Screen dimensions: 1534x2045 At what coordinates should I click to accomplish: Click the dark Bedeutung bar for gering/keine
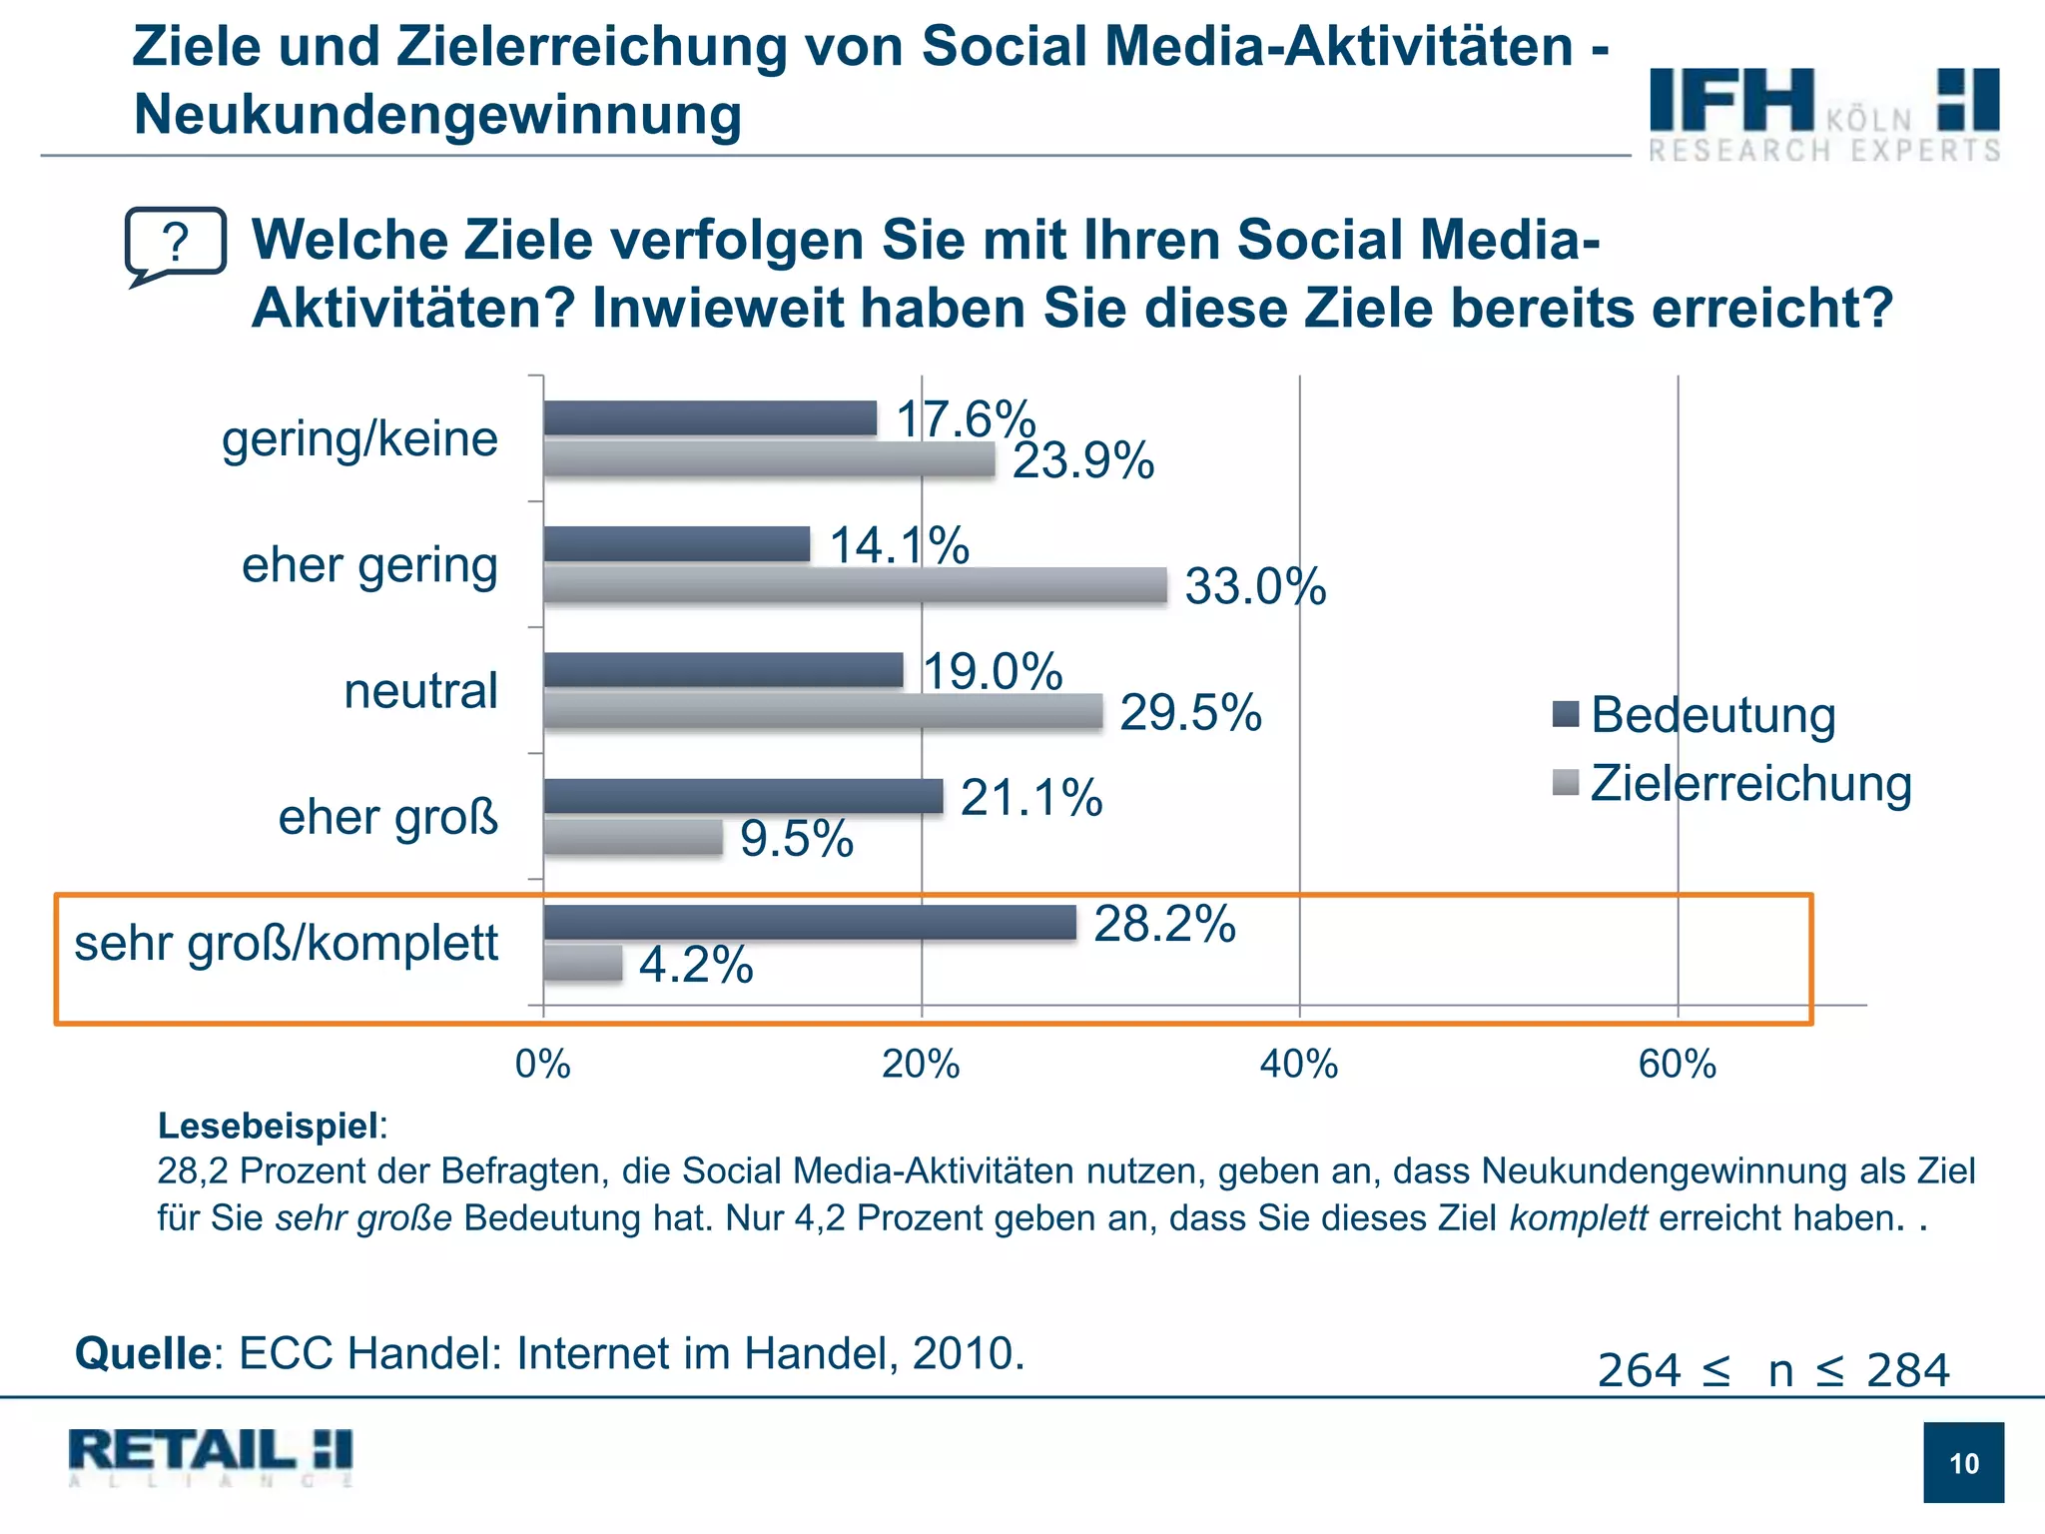click(x=710, y=418)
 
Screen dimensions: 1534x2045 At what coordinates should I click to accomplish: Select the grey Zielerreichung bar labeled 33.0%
click(x=855, y=585)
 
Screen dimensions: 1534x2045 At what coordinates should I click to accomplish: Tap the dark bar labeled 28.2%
click(x=810, y=923)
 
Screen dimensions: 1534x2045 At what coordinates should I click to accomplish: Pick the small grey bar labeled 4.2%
click(x=583, y=964)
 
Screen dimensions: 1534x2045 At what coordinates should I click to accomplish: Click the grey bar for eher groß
click(x=633, y=837)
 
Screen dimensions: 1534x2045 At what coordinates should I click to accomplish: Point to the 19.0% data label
click(x=993, y=671)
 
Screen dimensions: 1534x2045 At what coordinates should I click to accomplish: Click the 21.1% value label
click(x=1031, y=798)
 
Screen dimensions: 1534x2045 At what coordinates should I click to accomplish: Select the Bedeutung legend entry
click(x=1695, y=715)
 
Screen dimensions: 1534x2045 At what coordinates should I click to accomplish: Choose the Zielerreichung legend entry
click(x=1732, y=783)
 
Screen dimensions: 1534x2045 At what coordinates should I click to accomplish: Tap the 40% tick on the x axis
click(x=1298, y=1065)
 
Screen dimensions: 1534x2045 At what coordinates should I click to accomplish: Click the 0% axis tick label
click(x=543, y=1065)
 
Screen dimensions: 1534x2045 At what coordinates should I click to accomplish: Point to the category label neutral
click(x=420, y=691)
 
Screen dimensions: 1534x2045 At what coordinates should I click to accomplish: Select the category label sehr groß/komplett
click(x=287, y=943)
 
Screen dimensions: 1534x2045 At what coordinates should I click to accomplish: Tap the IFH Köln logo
click(x=1823, y=113)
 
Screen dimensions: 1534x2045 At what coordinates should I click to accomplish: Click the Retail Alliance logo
click(x=211, y=1456)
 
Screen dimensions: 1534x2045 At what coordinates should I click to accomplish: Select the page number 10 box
click(x=1963, y=1462)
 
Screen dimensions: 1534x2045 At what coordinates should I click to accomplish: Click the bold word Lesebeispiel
click(x=268, y=1126)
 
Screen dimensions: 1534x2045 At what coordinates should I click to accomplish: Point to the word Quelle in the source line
click(x=142, y=1354)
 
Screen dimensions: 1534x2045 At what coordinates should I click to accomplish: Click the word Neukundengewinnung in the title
click(x=437, y=114)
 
